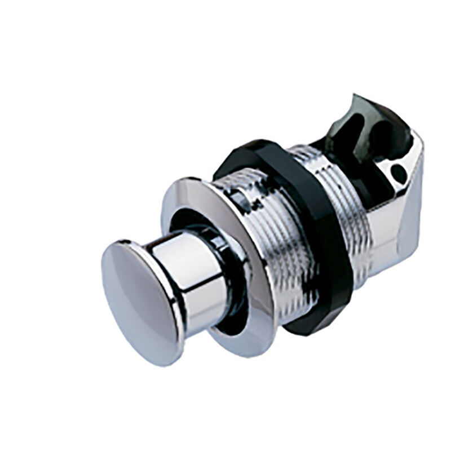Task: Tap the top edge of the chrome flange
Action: tap(192, 183)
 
